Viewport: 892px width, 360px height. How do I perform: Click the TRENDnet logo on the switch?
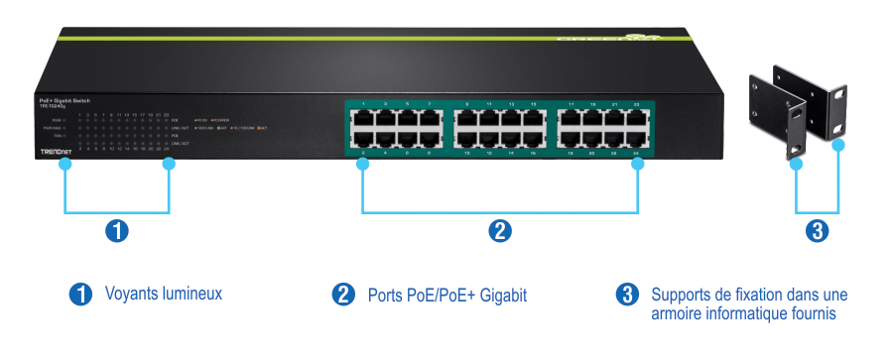tap(56, 151)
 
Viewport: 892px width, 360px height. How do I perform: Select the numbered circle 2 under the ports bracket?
tap(500, 231)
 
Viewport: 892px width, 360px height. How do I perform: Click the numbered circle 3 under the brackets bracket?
tap(816, 231)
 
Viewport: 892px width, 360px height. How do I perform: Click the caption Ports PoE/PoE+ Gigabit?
tap(446, 295)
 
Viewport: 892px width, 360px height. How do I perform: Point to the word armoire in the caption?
tap(676, 313)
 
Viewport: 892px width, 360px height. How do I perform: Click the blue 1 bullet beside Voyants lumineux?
tap(79, 294)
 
